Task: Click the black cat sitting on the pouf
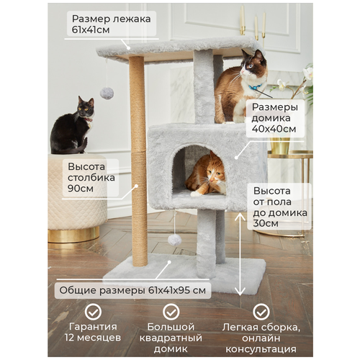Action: point(71,127)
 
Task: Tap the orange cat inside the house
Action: point(207,175)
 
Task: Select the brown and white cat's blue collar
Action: point(255,87)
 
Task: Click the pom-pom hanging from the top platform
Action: point(107,93)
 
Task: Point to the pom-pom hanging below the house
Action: point(174,240)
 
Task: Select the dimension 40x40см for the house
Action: point(274,129)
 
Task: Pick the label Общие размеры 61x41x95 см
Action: point(132,290)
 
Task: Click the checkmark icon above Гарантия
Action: point(93,312)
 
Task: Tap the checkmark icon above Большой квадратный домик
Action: point(171,312)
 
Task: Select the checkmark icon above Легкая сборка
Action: point(261,312)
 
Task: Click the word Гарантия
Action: point(93,327)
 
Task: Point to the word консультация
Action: point(261,349)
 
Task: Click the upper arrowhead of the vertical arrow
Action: point(240,216)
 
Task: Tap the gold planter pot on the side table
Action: point(279,145)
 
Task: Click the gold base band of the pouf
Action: point(73,235)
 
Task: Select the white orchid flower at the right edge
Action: point(308,73)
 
